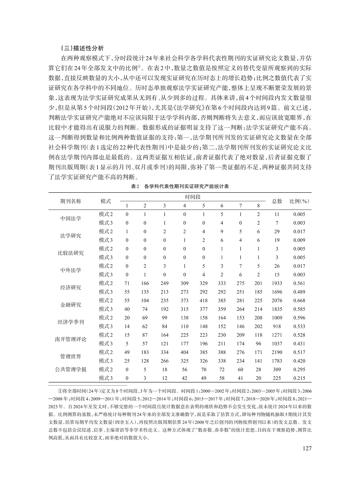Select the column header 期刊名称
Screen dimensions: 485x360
71,201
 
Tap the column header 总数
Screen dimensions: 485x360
277,201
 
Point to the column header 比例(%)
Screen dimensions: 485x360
300,201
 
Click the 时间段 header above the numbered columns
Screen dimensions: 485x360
193,197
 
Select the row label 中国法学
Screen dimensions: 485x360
71,219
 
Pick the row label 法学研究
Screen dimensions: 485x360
71,236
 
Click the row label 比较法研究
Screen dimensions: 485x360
71,253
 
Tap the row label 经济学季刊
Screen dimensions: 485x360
71,322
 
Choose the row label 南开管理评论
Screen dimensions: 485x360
71,339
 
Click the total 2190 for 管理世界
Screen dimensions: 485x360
277,352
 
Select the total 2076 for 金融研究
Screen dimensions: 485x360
277,300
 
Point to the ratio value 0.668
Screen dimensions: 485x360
299,300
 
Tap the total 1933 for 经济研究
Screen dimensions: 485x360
277,283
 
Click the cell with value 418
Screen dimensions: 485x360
203,300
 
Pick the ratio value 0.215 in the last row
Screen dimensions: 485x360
299,378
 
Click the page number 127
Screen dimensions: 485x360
306,448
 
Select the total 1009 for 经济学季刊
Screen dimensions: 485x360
277,318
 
